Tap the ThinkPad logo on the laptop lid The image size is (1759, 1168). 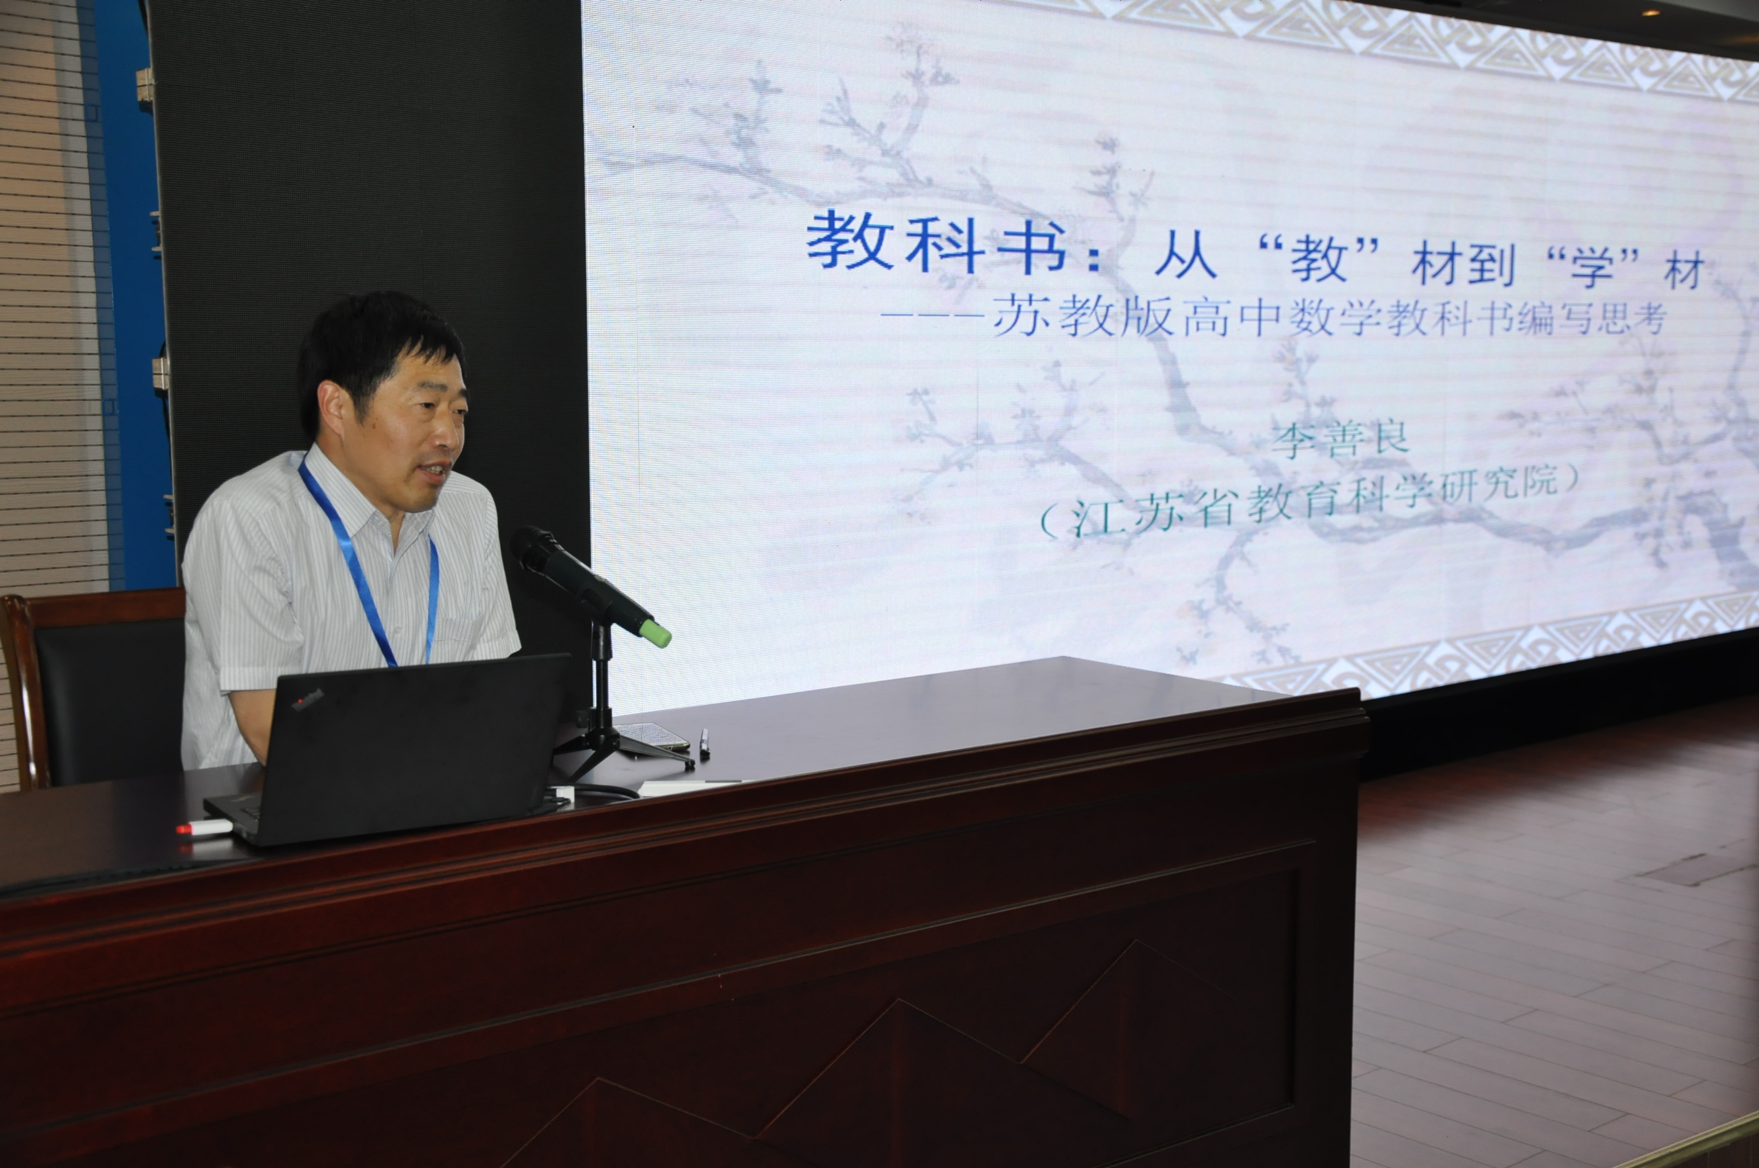(x=307, y=700)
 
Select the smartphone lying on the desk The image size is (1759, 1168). (x=651, y=736)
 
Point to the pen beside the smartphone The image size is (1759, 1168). (x=704, y=744)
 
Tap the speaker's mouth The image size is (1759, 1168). (x=436, y=470)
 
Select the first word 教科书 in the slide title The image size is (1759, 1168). (x=935, y=242)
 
